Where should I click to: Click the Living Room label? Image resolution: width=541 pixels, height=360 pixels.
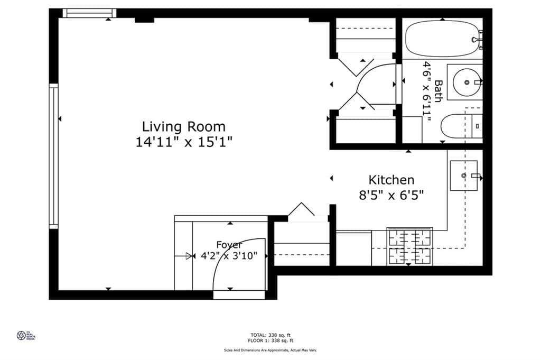point(183,127)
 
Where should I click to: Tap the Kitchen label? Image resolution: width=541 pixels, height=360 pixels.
point(391,180)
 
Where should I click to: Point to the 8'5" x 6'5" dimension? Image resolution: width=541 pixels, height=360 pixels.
point(391,195)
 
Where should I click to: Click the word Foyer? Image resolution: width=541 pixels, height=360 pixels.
point(229,245)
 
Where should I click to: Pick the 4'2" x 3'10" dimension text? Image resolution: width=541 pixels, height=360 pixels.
point(229,256)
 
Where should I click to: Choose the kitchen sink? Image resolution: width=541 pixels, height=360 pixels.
point(463,175)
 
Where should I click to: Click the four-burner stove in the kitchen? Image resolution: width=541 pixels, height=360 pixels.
point(409,246)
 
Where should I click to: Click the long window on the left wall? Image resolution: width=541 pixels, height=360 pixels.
point(53,156)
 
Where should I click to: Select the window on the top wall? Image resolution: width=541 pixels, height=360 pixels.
point(89,13)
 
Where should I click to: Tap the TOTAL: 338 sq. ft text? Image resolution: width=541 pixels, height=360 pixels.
point(270,335)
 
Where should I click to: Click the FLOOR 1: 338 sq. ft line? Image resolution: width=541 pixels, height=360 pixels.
point(270,340)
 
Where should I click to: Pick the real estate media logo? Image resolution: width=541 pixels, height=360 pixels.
point(24,335)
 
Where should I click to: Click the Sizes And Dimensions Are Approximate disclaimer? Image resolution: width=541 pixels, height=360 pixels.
point(270,350)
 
